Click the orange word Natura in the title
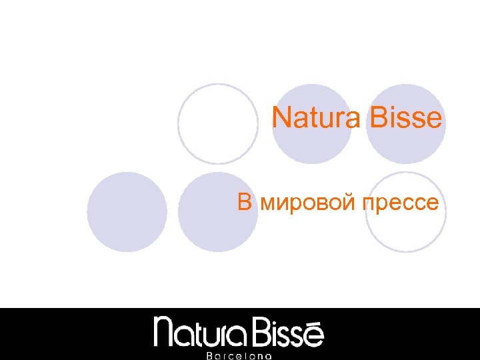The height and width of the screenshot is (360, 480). [315, 119]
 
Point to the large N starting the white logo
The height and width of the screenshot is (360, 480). [165, 331]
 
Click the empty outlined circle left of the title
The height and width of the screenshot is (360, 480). [218, 124]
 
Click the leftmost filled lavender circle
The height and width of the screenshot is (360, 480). [127, 212]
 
